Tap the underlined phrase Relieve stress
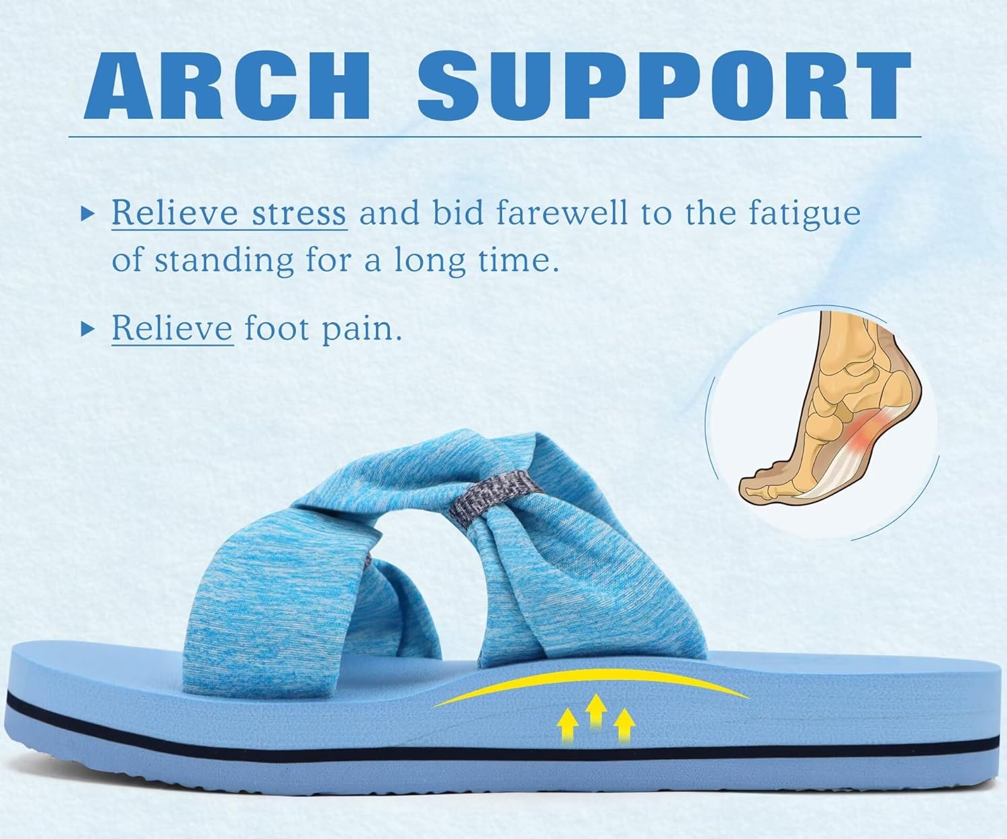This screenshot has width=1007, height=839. click(229, 213)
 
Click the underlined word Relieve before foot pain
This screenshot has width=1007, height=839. click(172, 328)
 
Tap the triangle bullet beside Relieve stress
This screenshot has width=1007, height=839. click(86, 214)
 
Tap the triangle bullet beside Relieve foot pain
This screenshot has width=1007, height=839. click(86, 329)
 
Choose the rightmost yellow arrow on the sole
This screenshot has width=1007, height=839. click(624, 725)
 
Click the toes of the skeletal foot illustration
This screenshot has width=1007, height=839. click(759, 484)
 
